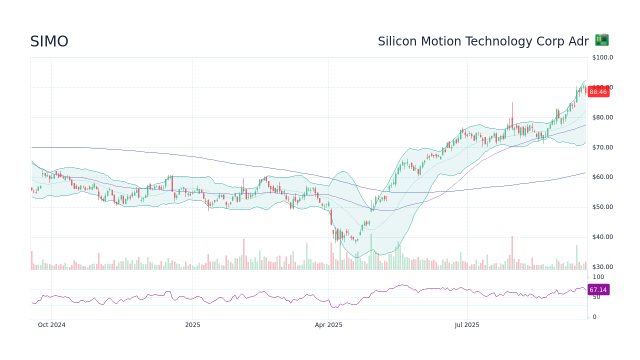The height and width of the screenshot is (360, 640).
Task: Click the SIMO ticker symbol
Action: (49, 41)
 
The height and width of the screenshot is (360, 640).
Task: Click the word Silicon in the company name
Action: (395, 41)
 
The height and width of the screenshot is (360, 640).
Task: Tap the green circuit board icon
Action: (601, 40)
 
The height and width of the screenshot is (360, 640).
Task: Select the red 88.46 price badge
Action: (598, 92)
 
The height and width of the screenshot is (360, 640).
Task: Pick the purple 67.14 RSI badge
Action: (598, 290)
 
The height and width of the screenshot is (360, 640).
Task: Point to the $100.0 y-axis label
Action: (602, 57)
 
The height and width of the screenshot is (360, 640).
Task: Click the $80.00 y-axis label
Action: (602, 117)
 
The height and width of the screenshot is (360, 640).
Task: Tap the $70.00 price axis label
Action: (602, 147)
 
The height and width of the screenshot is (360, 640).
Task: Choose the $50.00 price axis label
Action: (602, 207)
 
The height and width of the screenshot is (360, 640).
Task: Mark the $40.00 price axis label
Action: (602, 237)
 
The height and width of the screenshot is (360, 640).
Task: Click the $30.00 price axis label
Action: (602, 267)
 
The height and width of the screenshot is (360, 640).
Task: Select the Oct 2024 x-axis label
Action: (51, 325)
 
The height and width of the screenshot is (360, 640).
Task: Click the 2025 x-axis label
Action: (192, 325)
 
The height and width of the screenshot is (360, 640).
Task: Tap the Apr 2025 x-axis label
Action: (328, 325)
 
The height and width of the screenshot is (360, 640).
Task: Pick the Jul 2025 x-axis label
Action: (467, 325)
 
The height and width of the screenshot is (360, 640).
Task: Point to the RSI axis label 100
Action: (598, 277)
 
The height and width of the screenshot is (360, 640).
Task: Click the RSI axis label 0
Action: (594, 317)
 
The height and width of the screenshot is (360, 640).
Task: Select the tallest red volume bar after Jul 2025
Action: (512, 253)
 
